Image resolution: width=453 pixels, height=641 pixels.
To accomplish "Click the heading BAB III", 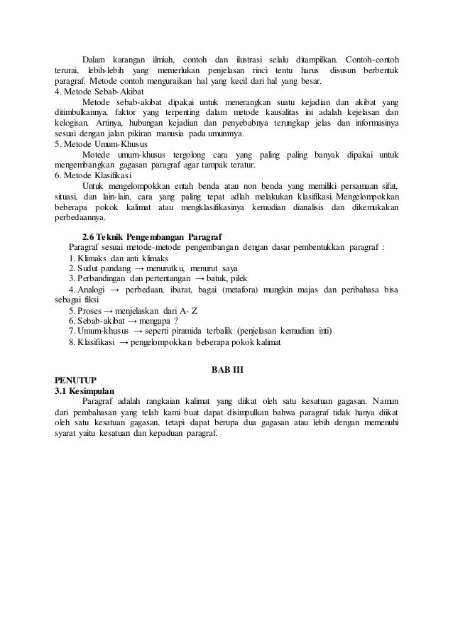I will pos(226,370).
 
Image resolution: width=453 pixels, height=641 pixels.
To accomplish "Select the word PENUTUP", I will pos(77,380).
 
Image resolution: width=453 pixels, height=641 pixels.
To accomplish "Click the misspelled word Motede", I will pos(96,155).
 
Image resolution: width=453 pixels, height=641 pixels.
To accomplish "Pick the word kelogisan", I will pos(75,124).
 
